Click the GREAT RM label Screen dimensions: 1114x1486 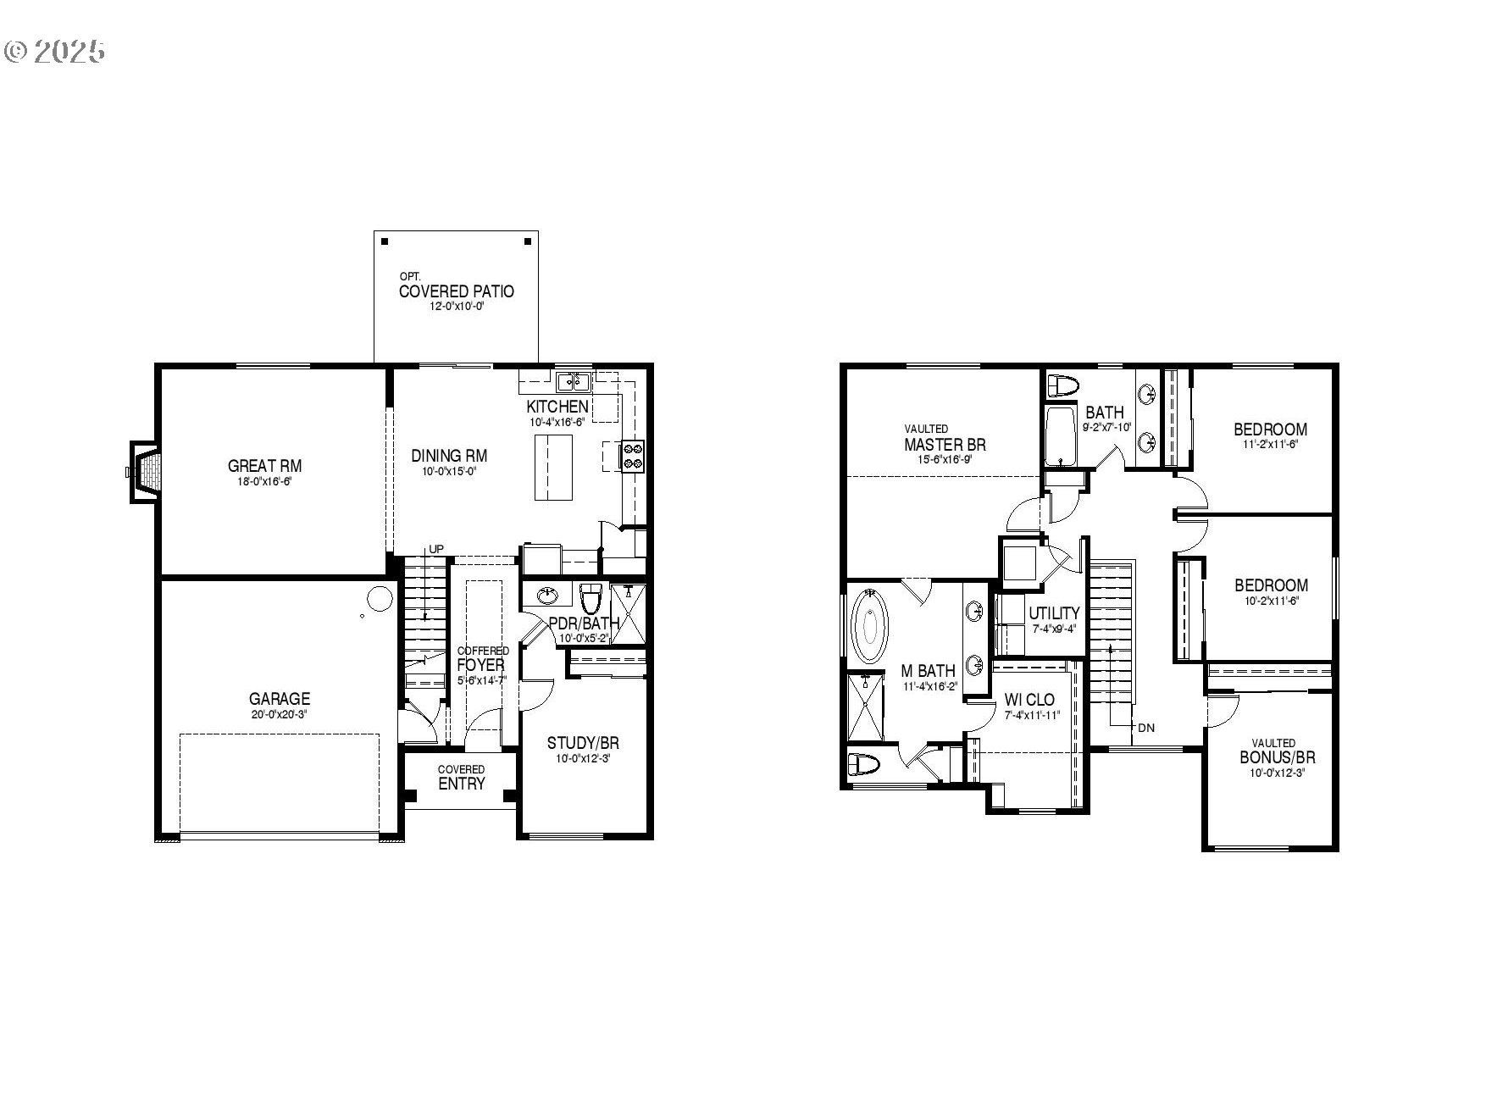(x=264, y=466)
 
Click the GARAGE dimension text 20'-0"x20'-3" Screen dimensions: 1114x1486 (x=279, y=714)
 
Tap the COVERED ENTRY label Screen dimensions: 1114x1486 (x=461, y=779)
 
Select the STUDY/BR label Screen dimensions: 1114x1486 (x=583, y=743)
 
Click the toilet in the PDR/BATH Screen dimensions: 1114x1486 (x=591, y=599)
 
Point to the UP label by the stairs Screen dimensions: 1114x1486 (x=435, y=549)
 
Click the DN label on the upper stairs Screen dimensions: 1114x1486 (x=1145, y=727)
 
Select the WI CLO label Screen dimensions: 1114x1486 (x=1029, y=700)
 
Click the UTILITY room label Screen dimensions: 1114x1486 (x=1054, y=613)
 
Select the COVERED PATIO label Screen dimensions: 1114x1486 (x=456, y=291)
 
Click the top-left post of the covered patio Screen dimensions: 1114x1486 (x=385, y=241)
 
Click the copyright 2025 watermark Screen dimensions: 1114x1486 (x=54, y=51)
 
